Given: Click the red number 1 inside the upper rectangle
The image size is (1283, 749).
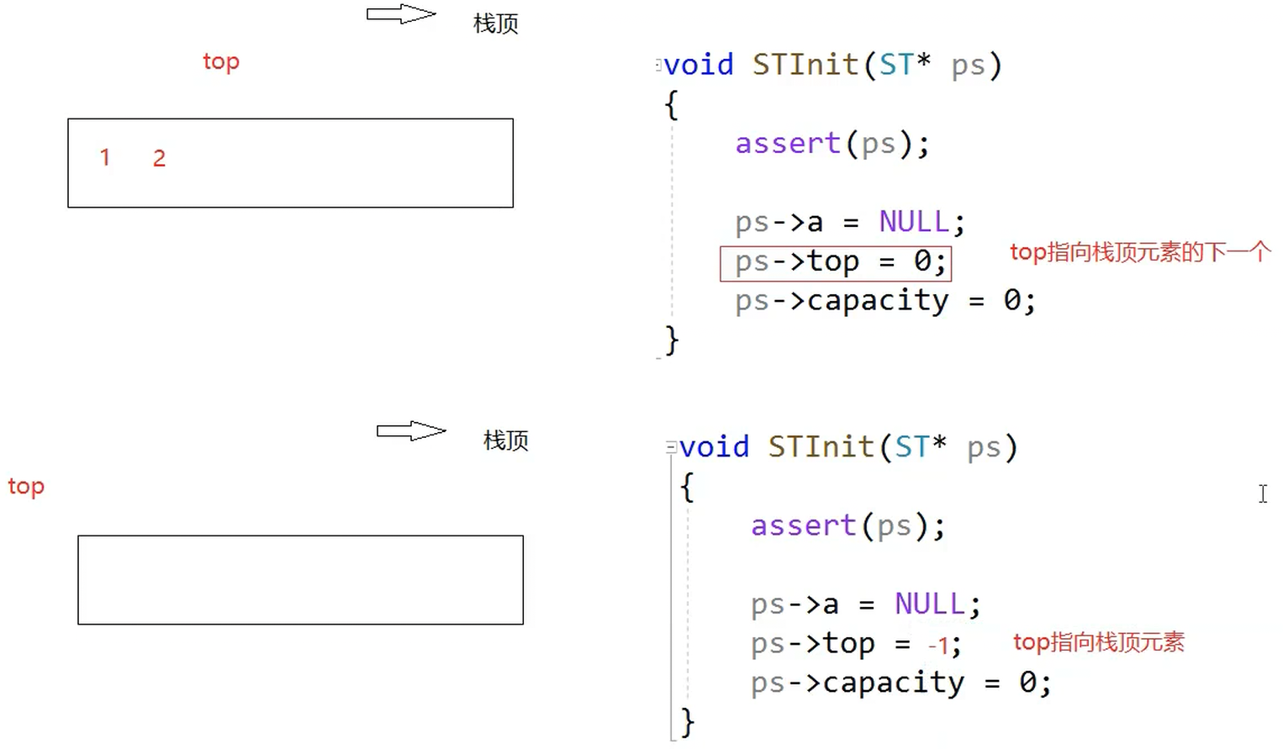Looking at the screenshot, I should (105, 157).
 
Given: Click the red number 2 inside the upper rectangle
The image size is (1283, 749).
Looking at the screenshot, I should (159, 158).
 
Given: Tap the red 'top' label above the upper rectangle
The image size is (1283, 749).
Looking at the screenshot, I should (221, 62).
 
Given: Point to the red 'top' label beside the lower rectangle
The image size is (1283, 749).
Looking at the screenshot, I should (26, 487).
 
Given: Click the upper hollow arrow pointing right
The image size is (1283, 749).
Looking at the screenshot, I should (401, 14).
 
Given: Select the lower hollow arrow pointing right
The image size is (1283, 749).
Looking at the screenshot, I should (410, 431).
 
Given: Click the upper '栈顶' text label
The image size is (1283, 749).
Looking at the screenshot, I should (496, 24).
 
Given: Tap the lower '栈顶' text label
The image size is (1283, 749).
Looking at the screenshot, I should (505, 440).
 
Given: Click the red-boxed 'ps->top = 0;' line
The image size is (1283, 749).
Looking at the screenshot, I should (836, 263).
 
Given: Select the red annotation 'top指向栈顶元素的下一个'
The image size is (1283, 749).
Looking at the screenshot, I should (1139, 252).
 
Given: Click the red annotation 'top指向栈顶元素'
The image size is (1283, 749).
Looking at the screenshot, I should (1098, 643).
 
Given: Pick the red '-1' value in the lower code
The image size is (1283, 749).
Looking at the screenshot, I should (939, 646).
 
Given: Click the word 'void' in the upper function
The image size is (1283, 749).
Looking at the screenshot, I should (699, 65).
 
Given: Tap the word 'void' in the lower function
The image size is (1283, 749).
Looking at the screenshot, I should (714, 447).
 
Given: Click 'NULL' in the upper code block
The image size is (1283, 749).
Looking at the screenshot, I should (914, 222).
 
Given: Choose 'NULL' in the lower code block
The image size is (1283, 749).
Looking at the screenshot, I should (929, 604).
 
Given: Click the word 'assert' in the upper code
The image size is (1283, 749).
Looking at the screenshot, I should (788, 144).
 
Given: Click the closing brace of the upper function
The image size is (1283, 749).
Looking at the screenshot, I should (672, 340).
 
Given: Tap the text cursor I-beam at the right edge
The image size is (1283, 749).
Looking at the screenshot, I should (1263, 493).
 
